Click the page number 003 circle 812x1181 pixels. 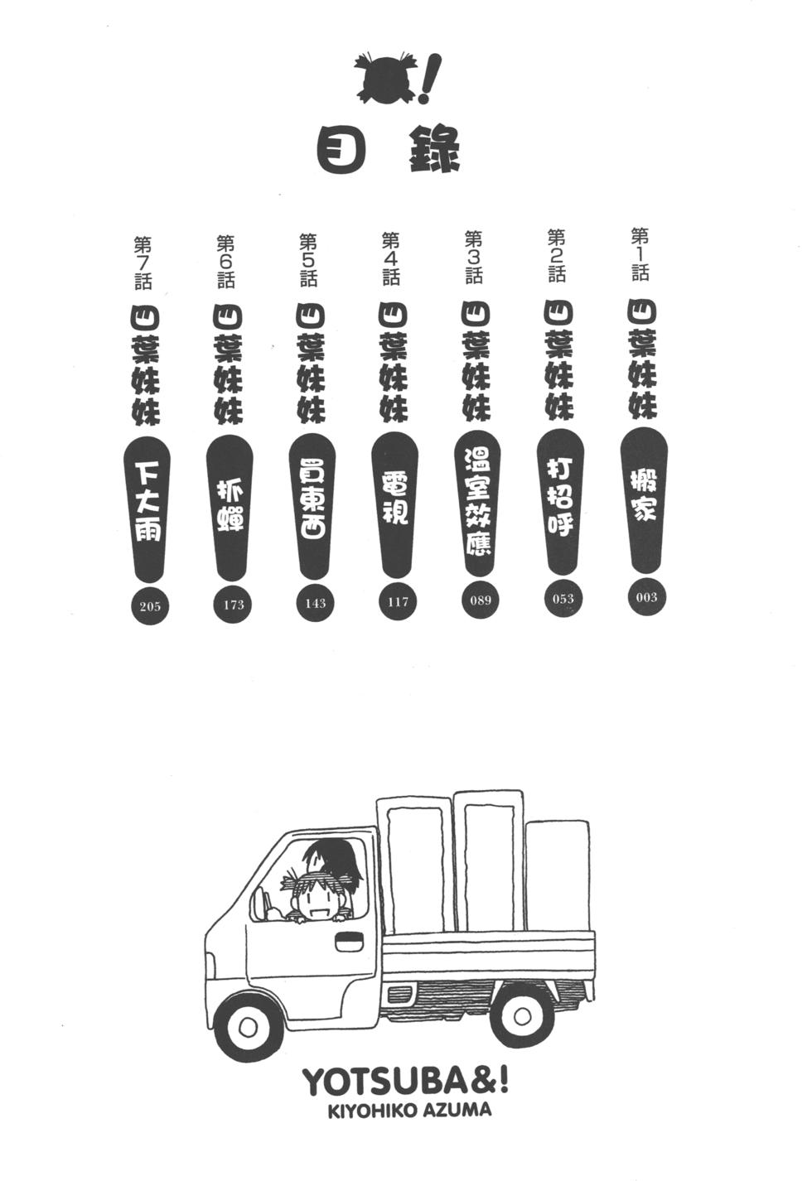click(x=646, y=597)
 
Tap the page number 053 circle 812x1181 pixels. click(x=563, y=599)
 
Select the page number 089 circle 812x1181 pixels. click(x=481, y=600)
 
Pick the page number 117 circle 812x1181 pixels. click(x=398, y=601)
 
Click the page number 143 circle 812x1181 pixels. click(x=315, y=603)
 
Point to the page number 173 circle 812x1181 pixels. click(x=233, y=605)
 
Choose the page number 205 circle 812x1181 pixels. click(x=150, y=606)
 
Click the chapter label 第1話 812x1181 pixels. click(x=640, y=254)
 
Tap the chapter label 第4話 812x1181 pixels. click(x=391, y=259)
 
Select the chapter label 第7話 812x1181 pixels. click(x=143, y=263)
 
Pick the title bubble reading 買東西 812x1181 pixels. click(x=312, y=507)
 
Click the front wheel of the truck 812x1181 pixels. click(x=249, y=1026)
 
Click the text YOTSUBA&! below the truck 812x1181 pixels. click(x=405, y=1083)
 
